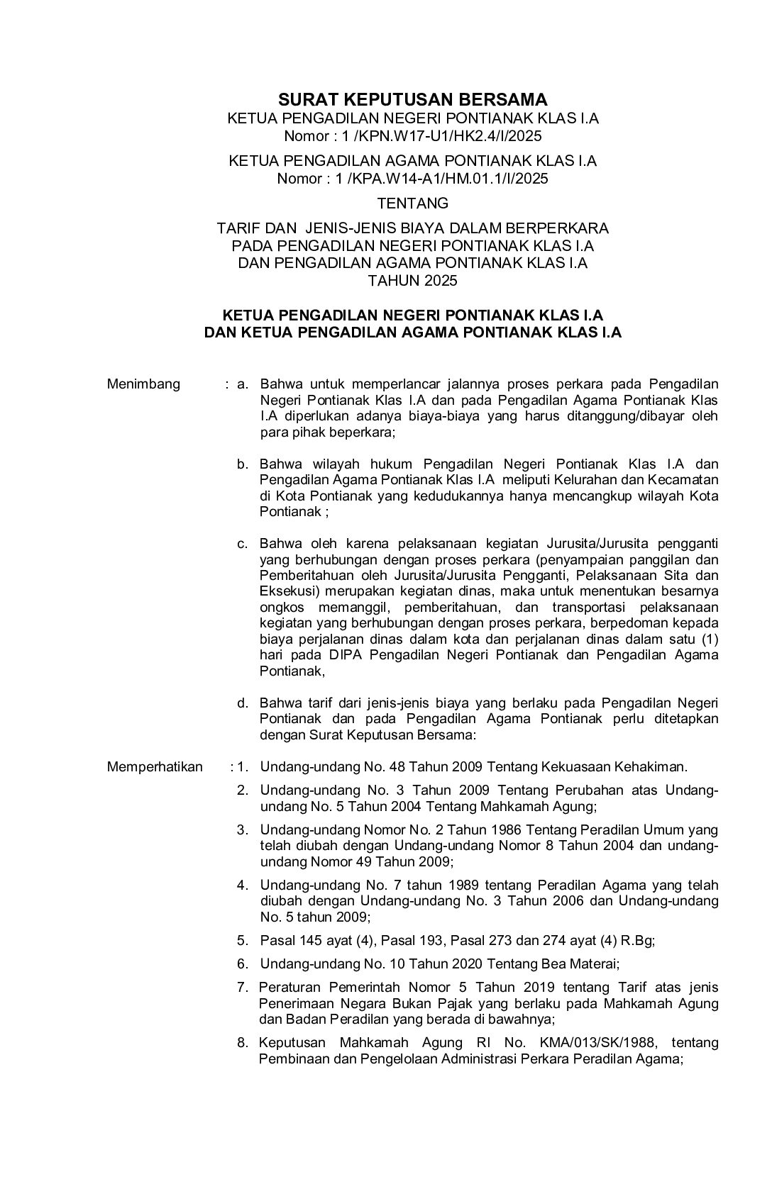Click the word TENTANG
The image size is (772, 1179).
pos(412,203)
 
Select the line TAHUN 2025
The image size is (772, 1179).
pos(412,280)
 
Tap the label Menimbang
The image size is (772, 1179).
pos(143,384)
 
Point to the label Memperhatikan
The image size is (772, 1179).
pos(155,766)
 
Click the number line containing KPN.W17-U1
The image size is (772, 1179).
pos(412,135)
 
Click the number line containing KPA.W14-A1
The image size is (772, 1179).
pos(412,178)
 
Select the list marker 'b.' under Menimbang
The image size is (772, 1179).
pos(243,464)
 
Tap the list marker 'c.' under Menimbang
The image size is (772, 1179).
pos(243,544)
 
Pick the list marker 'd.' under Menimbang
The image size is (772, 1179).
pos(243,703)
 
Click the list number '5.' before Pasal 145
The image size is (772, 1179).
pos(243,941)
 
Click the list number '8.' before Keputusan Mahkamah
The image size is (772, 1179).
pos(243,1043)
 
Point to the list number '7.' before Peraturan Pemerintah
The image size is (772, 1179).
pos(243,988)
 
